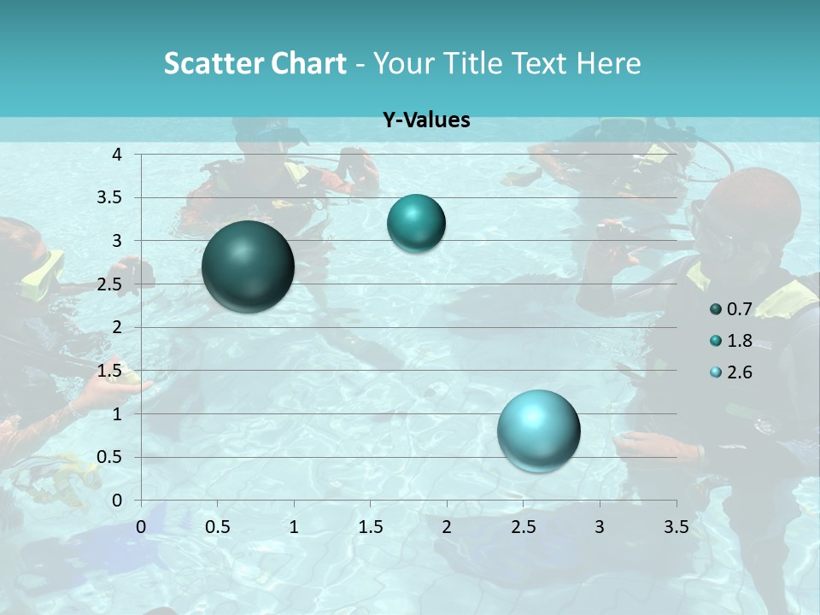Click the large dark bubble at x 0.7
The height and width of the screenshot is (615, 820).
(x=248, y=266)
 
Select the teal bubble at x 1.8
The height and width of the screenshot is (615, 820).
(x=416, y=223)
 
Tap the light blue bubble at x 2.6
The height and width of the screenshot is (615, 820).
(x=538, y=430)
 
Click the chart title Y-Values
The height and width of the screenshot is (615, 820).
(x=425, y=120)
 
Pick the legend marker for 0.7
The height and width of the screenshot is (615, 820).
(x=716, y=309)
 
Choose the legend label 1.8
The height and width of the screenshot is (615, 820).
(x=739, y=341)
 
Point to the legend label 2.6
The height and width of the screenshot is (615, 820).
(x=739, y=372)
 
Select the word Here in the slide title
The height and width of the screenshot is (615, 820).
(x=608, y=63)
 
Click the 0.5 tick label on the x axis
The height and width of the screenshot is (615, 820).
(x=217, y=527)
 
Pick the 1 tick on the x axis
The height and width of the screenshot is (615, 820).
(x=294, y=527)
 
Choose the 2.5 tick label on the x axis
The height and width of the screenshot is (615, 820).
(x=523, y=527)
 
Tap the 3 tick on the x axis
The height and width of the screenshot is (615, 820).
(x=600, y=527)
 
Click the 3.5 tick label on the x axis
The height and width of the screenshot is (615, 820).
(x=676, y=527)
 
